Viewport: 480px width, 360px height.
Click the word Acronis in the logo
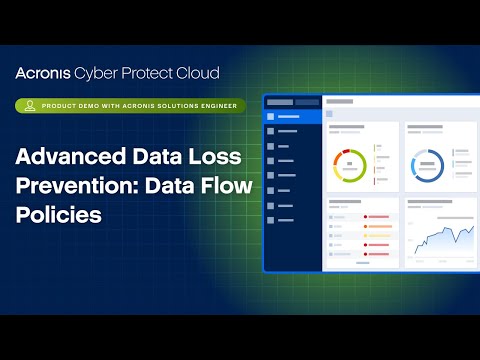click(47, 73)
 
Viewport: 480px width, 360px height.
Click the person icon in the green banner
click(28, 105)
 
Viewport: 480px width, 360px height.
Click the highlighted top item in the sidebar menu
click(290, 117)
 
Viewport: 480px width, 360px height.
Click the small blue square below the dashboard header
click(330, 114)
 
